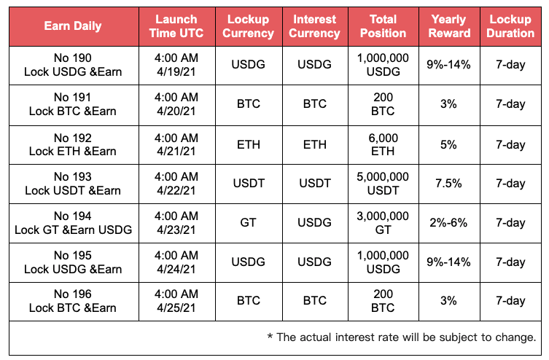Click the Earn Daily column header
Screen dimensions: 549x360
coord(73,26)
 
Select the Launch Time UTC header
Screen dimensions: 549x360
coord(176,26)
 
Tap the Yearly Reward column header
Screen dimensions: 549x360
coord(449,26)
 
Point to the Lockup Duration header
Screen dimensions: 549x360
coord(510,26)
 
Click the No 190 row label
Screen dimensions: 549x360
coord(73,65)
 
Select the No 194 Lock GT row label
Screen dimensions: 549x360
coord(73,223)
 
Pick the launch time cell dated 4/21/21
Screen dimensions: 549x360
coord(176,144)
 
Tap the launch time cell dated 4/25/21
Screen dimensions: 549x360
coord(176,301)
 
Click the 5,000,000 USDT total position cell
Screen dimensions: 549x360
coord(383,184)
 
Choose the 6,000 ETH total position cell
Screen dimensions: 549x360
coord(383,144)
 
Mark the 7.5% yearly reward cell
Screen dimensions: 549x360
coord(449,184)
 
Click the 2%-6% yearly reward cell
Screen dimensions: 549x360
coord(449,223)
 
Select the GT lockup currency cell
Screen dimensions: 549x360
coord(248,222)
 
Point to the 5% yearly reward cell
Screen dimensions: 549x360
coord(449,144)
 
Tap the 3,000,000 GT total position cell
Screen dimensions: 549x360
coord(383,223)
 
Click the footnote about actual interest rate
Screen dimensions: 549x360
coord(402,337)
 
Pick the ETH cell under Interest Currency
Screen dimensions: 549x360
coord(315,144)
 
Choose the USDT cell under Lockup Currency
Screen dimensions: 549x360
coord(249,184)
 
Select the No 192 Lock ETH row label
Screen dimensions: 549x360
coord(73,144)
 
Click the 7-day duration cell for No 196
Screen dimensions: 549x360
coord(510,301)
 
